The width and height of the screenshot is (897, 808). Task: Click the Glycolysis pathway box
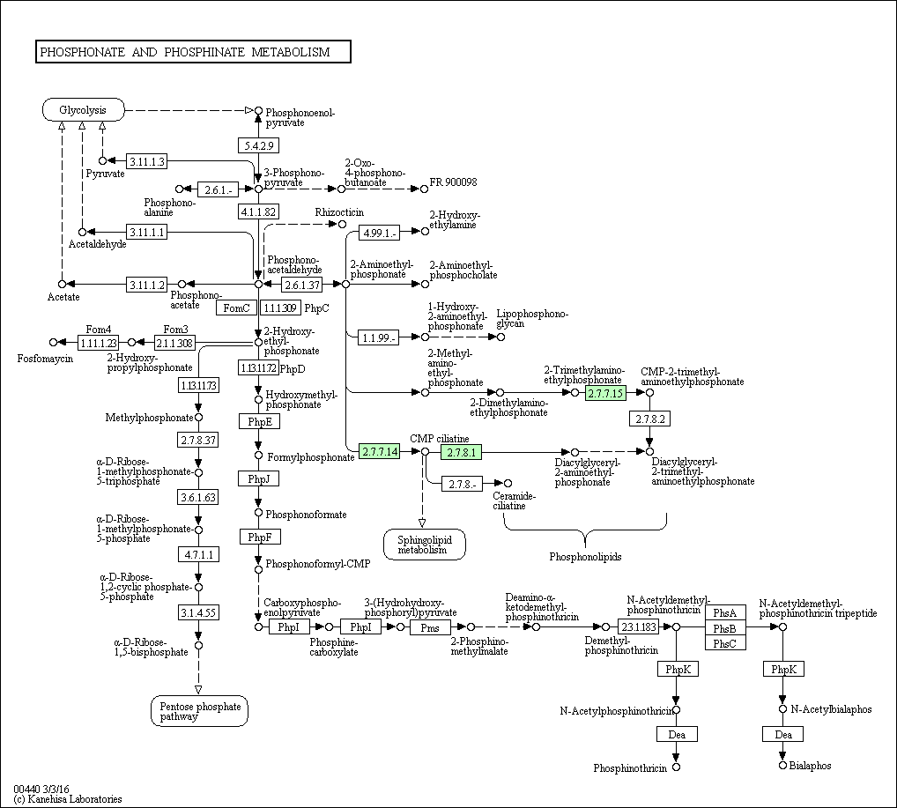click(x=83, y=110)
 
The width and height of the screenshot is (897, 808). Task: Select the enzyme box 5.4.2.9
click(x=258, y=145)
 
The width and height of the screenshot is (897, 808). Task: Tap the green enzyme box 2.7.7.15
click(x=605, y=393)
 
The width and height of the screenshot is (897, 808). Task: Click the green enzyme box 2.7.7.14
click(x=380, y=452)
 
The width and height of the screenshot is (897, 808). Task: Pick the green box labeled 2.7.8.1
click(x=462, y=453)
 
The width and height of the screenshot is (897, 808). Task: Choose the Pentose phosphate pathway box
click(x=198, y=711)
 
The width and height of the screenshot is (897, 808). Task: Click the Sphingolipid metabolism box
click(x=424, y=545)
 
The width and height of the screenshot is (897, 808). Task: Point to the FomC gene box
click(x=236, y=308)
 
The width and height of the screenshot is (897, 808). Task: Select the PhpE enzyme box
click(x=258, y=422)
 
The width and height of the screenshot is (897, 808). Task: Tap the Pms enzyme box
click(x=430, y=627)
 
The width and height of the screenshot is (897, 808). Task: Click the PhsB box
click(x=725, y=627)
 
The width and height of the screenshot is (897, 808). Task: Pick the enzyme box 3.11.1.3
click(x=146, y=161)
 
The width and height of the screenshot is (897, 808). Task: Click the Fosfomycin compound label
click(x=45, y=359)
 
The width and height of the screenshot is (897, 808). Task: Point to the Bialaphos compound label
click(x=811, y=766)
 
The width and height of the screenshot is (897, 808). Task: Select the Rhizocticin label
click(x=339, y=213)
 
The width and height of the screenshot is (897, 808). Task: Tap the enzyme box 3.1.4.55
click(x=198, y=612)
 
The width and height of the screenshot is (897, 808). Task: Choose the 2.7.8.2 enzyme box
click(x=650, y=419)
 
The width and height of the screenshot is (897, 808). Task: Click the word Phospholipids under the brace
click(x=586, y=557)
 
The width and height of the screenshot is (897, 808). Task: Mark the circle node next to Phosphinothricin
click(x=676, y=767)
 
